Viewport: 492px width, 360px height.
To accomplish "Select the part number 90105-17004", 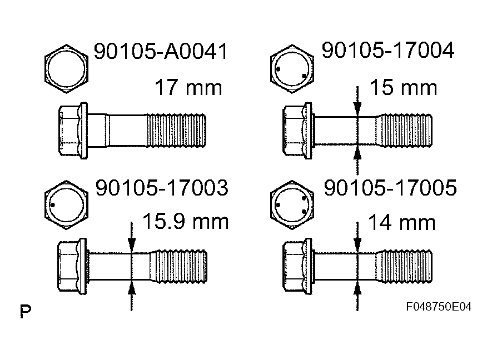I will [x=387, y=51].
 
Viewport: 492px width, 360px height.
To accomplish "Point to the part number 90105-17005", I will [x=389, y=188].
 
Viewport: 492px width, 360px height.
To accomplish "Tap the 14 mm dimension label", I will [x=402, y=223].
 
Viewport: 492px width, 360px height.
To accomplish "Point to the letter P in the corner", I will [x=25, y=311].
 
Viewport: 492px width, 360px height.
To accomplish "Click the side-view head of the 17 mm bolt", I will [x=72, y=131].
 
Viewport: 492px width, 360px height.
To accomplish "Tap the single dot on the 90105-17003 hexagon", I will [x=52, y=205].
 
